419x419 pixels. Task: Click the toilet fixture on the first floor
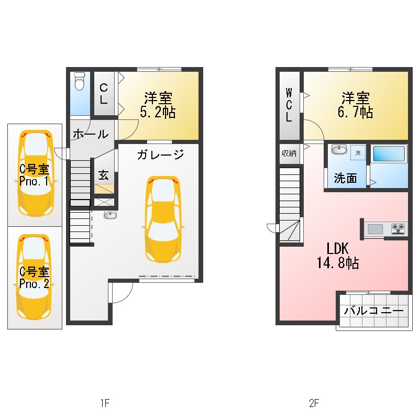click(x=80, y=81)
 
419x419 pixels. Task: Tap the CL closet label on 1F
click(x=104, y=94)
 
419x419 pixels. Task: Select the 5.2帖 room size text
click(x=158, y=112)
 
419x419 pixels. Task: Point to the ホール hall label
click(x=91, y=134)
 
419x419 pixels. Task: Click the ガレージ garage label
click(x=161, y=155)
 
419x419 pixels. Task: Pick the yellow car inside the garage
click(x=163, y=219)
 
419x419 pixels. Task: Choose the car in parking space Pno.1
click(x=36, y=173)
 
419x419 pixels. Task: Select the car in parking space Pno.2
click(x=34, y=277)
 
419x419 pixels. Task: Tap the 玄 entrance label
click(x=103, y=175)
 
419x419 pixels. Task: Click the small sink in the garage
click(x=110, y=215)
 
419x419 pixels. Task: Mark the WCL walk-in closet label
click(x=289, y=105)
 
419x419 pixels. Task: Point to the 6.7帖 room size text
click(x=355, y=112)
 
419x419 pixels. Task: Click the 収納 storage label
click(x=289, y=153)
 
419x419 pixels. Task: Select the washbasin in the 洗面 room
click(x=339, y=149)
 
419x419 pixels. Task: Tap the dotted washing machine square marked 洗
click(x=358, y=152)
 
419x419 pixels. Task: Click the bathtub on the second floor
click(x=389, y=153)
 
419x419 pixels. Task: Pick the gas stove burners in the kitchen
click(x=398, y=229)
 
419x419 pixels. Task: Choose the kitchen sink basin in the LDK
click(x=375, y=229)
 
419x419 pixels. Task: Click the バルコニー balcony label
click(x=373, y=311)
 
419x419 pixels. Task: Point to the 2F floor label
click(x=314, y=403)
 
